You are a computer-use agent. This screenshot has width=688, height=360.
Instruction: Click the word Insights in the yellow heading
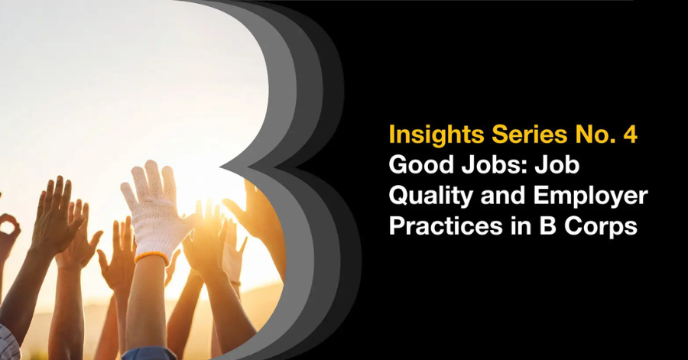(436, 135)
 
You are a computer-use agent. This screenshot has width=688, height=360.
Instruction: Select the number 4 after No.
(630, 135)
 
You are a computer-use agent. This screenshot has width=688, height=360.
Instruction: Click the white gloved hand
(154, 210)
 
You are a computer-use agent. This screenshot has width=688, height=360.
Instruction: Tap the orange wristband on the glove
(152, 257)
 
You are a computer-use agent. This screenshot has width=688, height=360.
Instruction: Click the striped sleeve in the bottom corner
(8, 343)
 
